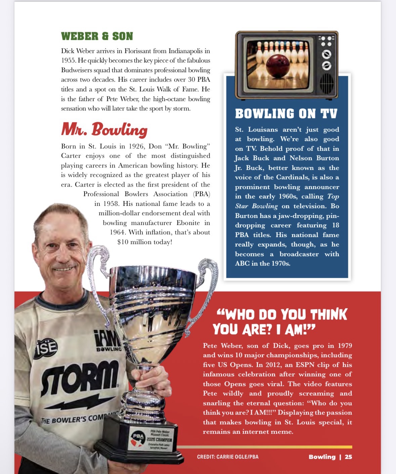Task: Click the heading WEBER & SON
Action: point(97,36)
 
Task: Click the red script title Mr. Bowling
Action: point(104,130)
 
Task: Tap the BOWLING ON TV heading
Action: point(286,114)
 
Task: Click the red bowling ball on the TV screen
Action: point(277,64)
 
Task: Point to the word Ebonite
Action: point(188,223)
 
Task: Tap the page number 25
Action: point(348,457)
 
